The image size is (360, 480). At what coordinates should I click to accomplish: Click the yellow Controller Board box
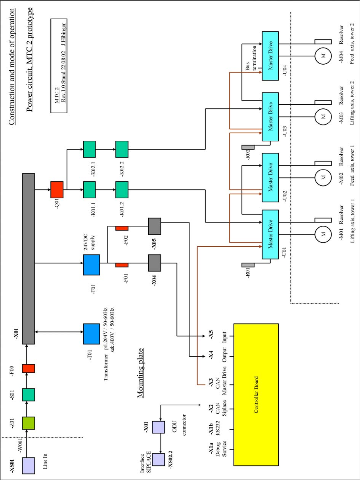pos(262,395)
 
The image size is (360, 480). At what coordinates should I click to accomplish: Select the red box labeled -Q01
pos(57,190)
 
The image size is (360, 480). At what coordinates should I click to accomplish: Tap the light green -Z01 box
pos(28,423)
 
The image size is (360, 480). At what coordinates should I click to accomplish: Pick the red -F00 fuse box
pos(28,369)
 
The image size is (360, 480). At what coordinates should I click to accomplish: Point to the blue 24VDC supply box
pos(91,265)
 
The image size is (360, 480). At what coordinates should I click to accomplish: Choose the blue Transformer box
pos(91,334)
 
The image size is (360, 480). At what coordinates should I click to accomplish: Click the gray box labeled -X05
pos(154,226)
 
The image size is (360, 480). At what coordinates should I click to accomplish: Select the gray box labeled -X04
pos(154,263)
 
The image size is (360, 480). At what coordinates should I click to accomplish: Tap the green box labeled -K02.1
pos(90,149)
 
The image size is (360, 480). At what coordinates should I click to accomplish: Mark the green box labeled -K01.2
pos(122,190)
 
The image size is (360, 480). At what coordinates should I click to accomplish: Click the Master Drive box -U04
pos(271,55)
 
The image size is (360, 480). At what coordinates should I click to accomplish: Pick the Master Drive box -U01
pos(271,235)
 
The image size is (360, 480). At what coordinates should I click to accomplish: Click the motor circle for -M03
pos(323,116)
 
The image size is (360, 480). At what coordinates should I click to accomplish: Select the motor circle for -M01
pos(323,234)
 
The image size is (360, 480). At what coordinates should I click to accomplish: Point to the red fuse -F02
pos(122,228)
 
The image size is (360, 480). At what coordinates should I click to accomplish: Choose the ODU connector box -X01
pos(158,427)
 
